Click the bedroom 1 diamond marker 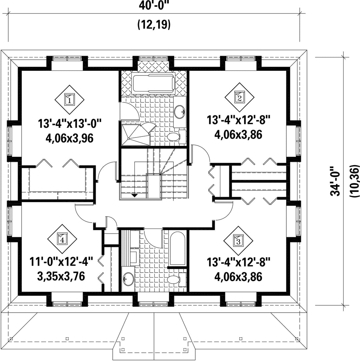click(x=69, y=100)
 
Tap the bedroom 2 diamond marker click(x=239, y=98)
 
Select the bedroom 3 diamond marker click(x=238, y=241)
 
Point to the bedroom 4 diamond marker click(x=62, y=239)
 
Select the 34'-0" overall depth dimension click(x=335, y=181)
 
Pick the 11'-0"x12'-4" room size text click(x=61, y=262)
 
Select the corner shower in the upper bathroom click(x=135, y=135)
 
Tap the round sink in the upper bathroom click(x=180, y=112)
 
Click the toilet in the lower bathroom click(x=176, y=280)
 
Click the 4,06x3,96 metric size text click(x=69, y=138)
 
